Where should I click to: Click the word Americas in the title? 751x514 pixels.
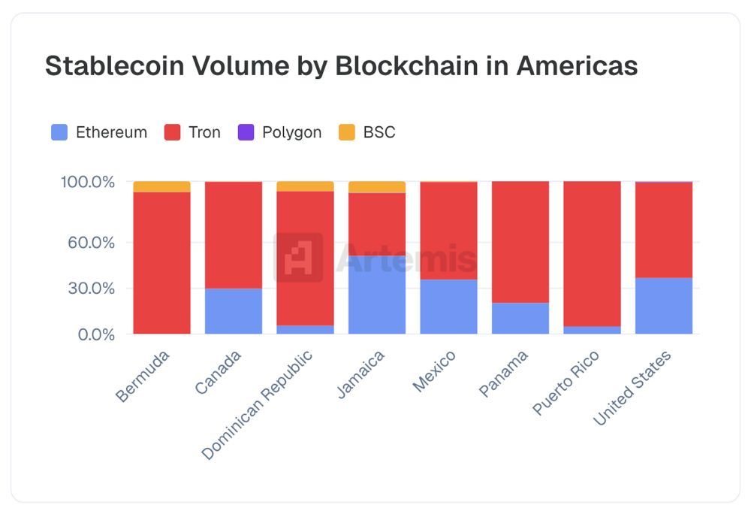(x=577, y=66)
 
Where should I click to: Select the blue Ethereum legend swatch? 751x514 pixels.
(x=59, y=133)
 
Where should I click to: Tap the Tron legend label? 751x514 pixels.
(x=205, y=133)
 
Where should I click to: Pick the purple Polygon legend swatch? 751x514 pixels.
(x=246, y=133)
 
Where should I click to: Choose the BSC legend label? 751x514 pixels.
(x=379, y=133)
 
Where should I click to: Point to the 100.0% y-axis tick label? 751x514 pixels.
(x=87, y=182)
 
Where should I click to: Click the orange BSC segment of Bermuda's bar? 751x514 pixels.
(x=161, y=186)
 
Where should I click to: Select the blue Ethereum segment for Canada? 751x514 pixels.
(x=234, y=311)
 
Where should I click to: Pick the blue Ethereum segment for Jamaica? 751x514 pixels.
(x=377, y=295)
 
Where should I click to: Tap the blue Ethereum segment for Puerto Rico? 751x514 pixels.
(x=592, y=330)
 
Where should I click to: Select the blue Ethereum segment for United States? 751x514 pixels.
(x=664, y=306)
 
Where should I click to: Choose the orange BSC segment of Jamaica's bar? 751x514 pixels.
(x=377, y=187)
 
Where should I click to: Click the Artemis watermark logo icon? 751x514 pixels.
(x=298, y=258)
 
